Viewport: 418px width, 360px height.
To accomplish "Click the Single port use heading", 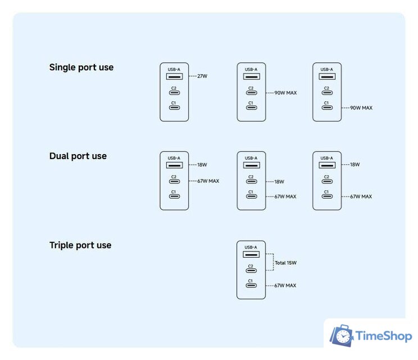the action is click(x=81, y=67).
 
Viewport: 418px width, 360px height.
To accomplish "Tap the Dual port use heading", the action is click(x=78, y=156).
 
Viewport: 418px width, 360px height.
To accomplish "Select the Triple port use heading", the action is click(x=80, y=245).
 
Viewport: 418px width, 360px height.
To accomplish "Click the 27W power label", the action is click(x=202, y=76).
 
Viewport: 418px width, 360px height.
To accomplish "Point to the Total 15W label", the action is click(x=285, y=263).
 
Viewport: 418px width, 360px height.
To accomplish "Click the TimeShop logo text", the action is click(x=384, y=336).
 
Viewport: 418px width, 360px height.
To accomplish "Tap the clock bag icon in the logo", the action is click(x=342, y=336).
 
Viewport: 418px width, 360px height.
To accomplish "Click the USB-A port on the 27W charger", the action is click(x=174, y=76).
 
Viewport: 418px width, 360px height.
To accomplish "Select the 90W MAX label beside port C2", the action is click(x=285, y=93).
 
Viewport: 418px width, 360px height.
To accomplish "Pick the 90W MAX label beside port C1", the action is click(x=361, y=108).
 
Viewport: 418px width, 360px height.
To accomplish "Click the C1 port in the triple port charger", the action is click(x=251, y=286).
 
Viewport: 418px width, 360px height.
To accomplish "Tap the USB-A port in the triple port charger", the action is click(x=251, y=254).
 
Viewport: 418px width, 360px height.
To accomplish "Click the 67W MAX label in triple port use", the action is click(x=285, y=286).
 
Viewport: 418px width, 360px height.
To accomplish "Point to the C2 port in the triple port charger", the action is click(x=251, y=271).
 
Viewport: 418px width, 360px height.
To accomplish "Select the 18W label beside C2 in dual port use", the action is click(x=279, y=182).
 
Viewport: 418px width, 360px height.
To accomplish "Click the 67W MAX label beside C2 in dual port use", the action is click(x=208, y=181).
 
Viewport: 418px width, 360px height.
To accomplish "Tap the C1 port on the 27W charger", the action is click(x=174, y=107).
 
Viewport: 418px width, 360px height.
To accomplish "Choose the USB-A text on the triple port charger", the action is click(x=251, y=247).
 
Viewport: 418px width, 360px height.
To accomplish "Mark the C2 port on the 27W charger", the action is click(x=174, y=93).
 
